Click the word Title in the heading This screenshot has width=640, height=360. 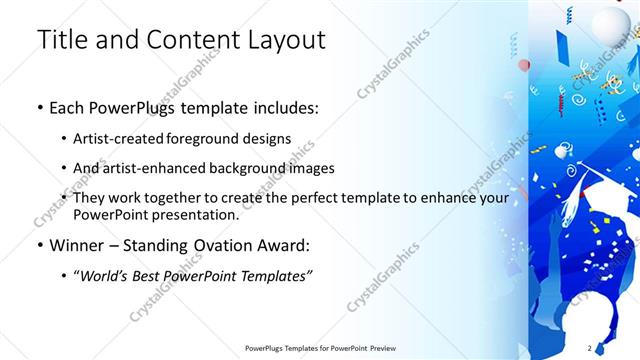[61, 40]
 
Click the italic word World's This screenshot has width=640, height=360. [107, 275]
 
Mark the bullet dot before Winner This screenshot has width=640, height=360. [39, 245]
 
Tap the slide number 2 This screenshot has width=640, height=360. [590, 348]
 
